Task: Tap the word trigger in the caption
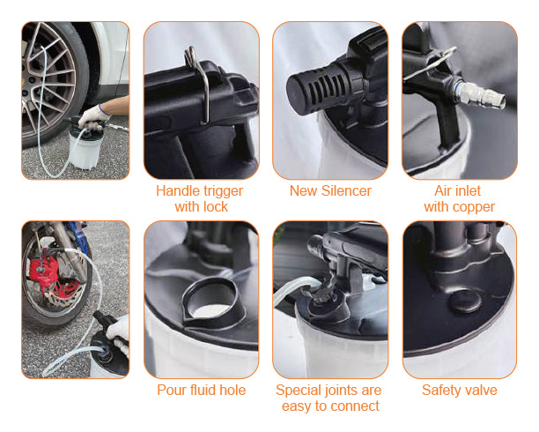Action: pos(223,191)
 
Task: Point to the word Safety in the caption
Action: pos(440,391)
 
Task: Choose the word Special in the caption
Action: pos(298,391)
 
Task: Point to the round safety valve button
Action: pos(465,302)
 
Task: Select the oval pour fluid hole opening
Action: pos(210,302)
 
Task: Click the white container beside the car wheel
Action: pos(85,148)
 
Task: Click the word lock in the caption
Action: pos(215,207)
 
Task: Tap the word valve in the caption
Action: pos(480,391)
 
